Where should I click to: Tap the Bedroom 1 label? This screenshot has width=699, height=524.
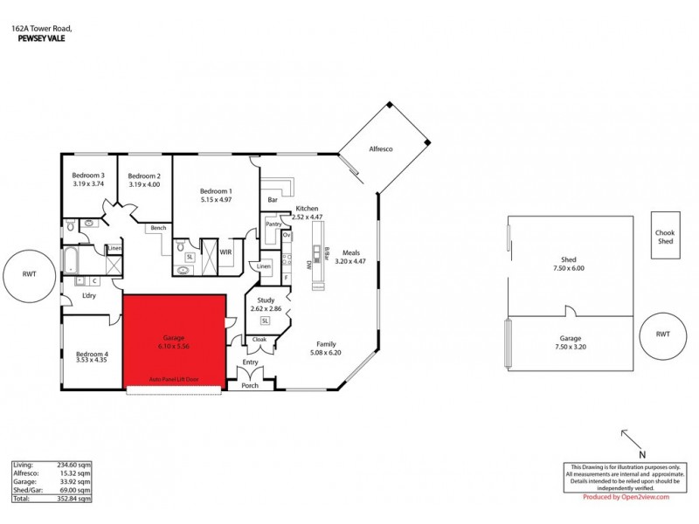click(x=216, y=191)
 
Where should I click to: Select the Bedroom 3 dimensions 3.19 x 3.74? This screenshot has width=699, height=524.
click(x=87, y=184)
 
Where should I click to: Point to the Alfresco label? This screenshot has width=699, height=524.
click(x=381, y=149)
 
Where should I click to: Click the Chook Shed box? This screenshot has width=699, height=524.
click(x=666, y=238)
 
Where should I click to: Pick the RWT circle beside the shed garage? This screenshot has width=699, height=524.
click(x=663, y=334)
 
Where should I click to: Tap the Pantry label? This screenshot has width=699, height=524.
click(x=273, y=224)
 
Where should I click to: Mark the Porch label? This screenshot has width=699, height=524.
click(x=251, y=384)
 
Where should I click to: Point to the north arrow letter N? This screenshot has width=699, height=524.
click(x=641, y=454)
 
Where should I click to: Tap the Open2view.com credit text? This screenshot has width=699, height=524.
click(x=640, y=497)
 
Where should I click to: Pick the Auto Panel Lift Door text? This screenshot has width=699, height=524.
click(x=174, y=380)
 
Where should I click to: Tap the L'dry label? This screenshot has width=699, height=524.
click(x=88, y=296)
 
